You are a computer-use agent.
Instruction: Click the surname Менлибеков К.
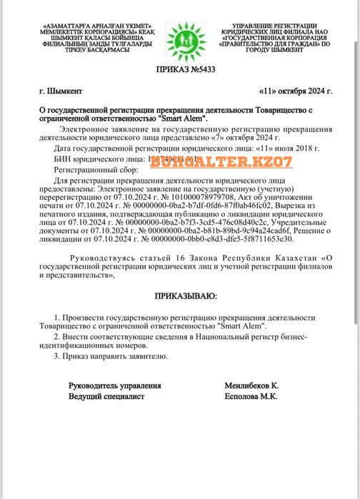pos(251,385)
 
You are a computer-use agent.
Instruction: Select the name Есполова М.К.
pos(251,395)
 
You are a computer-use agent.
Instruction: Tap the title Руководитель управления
pos(114,385)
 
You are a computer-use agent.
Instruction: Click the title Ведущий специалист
pos(106,395)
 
